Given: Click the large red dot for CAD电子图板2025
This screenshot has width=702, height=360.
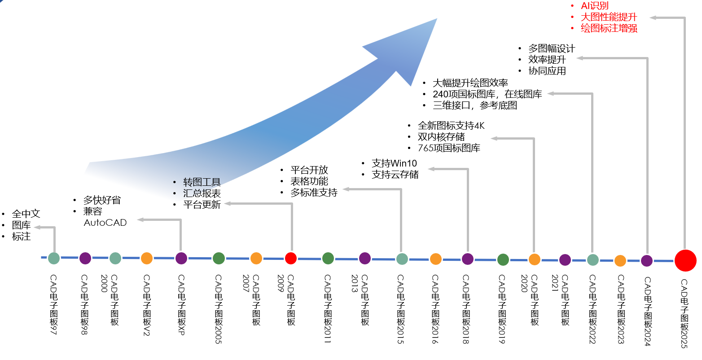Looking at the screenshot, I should (x=685, y=260).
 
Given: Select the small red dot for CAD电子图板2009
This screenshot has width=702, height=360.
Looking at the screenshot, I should (x=291, y=258).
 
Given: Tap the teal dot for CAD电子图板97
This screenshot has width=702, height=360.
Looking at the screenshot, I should (x=54, y=258).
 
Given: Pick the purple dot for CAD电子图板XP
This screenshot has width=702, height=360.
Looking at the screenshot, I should (x=181, y=258).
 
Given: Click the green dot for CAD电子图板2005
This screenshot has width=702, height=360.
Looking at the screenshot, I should (x=219, y=258).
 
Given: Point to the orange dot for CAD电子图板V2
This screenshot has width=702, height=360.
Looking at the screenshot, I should (x=147, y=258).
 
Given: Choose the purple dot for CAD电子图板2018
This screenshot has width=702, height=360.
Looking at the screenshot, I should (x=468, y=259).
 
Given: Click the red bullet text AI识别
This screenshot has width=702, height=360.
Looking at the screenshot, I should (x=595, y=6).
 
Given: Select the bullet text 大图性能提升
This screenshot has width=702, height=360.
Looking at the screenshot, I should (x=609, y=17).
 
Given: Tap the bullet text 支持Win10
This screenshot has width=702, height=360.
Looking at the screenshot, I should (x=394, y=163).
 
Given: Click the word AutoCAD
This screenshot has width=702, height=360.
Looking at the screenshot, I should (x=105, y=223).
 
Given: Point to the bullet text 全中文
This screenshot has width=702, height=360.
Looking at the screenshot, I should (x=26, y=214).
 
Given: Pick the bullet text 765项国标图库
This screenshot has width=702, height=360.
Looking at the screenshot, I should (x=449, y=148).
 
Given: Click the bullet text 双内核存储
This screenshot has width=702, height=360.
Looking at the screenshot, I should (x=441, y=137).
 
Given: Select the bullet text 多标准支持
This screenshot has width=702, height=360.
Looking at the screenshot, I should (x=314, y=193).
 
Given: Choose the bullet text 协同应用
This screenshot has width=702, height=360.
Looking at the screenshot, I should (x=547, y=71).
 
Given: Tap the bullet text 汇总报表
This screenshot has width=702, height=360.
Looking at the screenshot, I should (x=202, y=193).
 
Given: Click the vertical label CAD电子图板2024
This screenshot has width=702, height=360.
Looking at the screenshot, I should (x=647, y=311).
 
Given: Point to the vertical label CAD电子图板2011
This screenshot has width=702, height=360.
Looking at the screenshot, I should (x=328, y=309).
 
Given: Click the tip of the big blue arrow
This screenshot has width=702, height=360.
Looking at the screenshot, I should (x=436, y=19).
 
